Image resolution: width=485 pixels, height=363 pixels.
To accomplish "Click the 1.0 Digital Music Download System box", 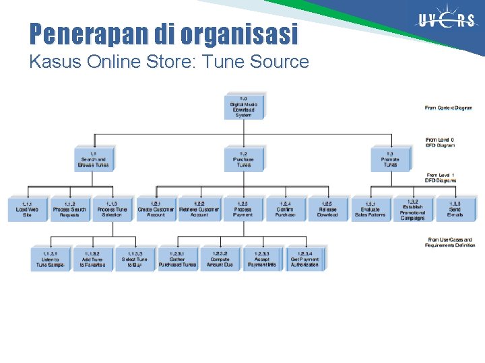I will (x=243, y=107).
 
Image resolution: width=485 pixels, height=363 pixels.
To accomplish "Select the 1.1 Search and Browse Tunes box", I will (x=93, y=159).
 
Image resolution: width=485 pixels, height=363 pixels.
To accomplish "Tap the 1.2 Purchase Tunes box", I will (x=243, y=159).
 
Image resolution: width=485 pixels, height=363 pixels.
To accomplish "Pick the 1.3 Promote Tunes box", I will (x=390, y=159).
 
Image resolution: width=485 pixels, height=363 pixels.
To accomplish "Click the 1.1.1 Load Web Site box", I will (x=27, y=209).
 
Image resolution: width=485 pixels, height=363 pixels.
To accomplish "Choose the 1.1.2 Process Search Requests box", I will (x=69, y=209).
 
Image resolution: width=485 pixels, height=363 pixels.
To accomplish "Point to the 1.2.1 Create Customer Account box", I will (x=156, y=209).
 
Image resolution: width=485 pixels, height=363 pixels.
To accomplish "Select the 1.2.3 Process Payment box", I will (x=243, y=209).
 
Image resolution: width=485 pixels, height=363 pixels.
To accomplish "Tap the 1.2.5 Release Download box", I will (x=327, y=209).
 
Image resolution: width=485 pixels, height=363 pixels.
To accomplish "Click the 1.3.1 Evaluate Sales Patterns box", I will (x=370, y=209).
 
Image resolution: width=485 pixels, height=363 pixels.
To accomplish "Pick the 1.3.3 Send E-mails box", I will (x=455, y=209).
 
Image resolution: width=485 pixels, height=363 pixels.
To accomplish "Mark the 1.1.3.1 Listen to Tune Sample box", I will (x=50, y=259).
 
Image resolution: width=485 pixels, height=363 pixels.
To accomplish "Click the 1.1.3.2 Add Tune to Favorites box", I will (x=92, y=259).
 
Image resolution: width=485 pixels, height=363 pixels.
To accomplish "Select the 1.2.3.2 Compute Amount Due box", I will (x=220, y=259).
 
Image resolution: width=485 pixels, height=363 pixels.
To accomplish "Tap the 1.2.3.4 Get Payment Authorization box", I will (x=304, y=259).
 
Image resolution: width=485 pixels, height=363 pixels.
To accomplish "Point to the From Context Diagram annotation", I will (x=449, y=108).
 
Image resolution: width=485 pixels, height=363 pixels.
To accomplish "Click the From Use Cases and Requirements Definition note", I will (x=449, y=243).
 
